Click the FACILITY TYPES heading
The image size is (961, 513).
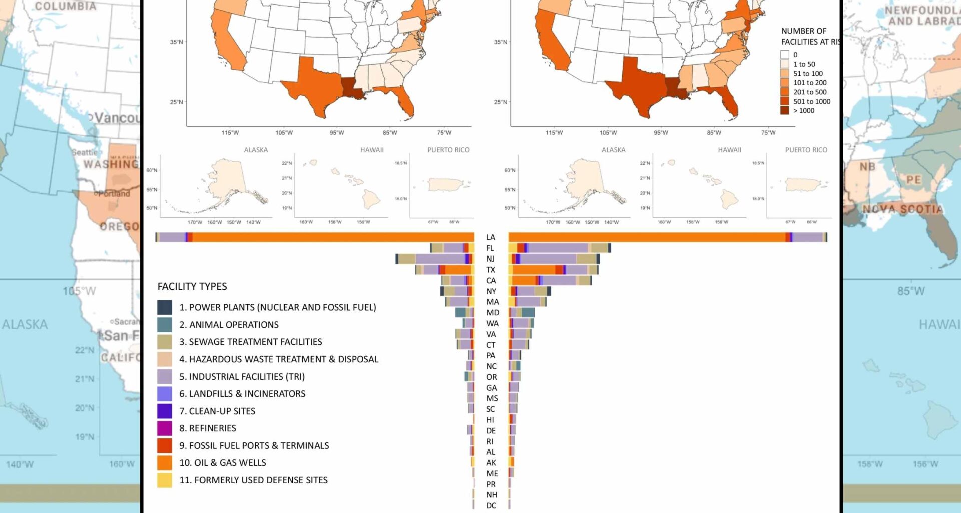coord(192,286)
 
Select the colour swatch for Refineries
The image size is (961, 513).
coord(164,428)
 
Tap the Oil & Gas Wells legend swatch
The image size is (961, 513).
coord(164,463)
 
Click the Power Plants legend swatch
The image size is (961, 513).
coord(164,307)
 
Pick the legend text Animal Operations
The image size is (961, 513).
coord(229,325)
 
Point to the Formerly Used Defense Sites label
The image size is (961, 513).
coord(253,480)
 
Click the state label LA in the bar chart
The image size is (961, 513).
coord(491,237)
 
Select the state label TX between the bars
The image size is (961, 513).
coord(491,270)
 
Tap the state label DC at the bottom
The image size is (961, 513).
coord(491,505)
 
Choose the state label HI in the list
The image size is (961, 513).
coord(490,420)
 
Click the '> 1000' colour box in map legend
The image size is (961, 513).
coord(785,111)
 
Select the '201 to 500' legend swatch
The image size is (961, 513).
coord(785,92)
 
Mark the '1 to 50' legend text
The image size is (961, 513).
coord(804,64)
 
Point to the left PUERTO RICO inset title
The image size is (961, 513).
coord(448,150)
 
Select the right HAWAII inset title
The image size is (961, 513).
coord(729,150)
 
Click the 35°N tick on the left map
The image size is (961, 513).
coord(176,42)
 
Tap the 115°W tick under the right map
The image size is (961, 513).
coord(554,133)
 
